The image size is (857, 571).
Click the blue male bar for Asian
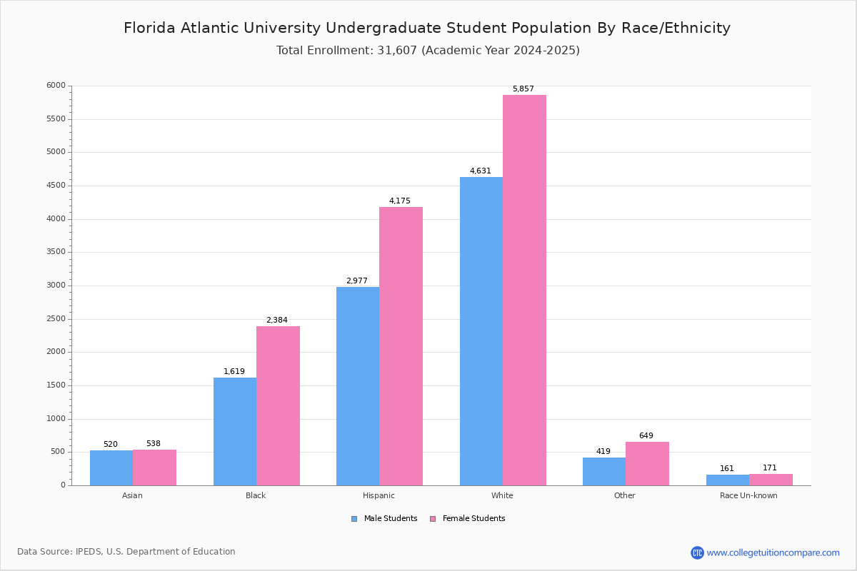point(111,468)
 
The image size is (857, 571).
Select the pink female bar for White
point(524,290)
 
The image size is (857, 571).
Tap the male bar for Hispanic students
point(358,385)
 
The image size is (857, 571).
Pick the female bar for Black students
point(278,405)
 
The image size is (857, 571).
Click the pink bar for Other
point(647,463)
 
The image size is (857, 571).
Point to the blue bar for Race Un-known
point(728,480)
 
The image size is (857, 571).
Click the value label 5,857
point(523,89)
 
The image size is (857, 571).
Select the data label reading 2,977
point(356,281)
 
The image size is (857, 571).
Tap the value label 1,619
point(234,372)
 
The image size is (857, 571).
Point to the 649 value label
point(646,436)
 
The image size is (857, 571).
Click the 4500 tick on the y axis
point(56,186)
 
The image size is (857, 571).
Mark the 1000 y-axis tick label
point(56,419)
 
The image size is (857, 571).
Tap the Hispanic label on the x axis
point(379,495)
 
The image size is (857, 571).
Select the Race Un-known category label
point(748,495)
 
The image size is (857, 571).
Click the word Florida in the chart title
point(150,29)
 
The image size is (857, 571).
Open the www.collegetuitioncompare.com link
point(773,552)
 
